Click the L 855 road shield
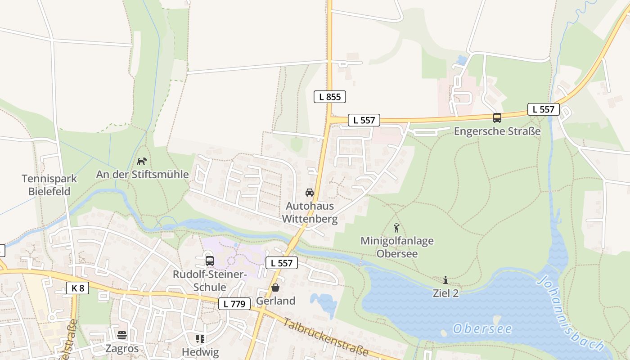[330, 96]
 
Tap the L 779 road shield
[234, 304]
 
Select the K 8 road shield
[77, 288]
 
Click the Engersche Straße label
[497, 131]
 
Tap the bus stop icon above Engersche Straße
[497, 118]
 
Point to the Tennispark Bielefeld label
[49, 185]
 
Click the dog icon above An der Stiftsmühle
[142, 161]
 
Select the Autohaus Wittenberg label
[310, 212]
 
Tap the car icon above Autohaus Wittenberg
[310, 193]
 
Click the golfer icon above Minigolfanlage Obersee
[396, 228]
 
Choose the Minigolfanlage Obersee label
[397, 247]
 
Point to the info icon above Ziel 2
[445, 280]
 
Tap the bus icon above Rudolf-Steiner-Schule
[209, 261]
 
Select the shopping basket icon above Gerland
[275, 288]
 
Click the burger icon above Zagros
[122, 335]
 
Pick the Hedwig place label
[200, 351]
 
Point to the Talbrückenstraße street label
[326, 337]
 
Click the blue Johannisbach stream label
[571, 313]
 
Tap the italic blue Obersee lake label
[482, 329]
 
